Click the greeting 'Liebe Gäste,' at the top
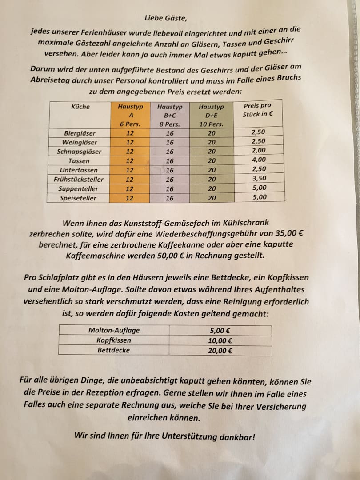click(x=163, y=18)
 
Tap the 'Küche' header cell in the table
click(x=80, y=107)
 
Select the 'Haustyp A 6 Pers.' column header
click(x=130, y=115)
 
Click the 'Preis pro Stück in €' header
click(x=258, y=110)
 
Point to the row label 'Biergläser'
click(x=80, y=133)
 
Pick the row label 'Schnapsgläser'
click(x=79, y=152)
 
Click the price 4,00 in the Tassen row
click(x=259, y=160)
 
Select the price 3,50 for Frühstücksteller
click(x=259, y=179)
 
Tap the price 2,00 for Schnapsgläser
click(x=259, y=151)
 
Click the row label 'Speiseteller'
click(x=78, y=198)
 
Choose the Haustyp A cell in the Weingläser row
click(x=130, y=142)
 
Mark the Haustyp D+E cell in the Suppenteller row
click(x=212, y=189)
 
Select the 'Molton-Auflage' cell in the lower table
click(x=114, y=330)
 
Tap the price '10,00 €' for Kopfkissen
click(x=220, y=340)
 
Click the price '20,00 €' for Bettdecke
click(x=220, y=350)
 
